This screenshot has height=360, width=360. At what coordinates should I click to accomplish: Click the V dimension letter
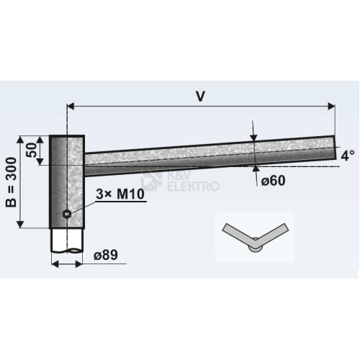[200, 96]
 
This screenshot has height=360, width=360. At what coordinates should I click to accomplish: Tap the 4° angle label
[348, 156]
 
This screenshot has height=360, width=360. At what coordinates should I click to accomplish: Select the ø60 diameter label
[273, 181]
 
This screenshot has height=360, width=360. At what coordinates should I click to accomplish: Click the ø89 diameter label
[106, 255]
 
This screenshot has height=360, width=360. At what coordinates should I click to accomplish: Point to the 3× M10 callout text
[120, 194]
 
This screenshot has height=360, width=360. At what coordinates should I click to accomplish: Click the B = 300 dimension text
[12, 182]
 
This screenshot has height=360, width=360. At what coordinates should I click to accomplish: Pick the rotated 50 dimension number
[32, 150]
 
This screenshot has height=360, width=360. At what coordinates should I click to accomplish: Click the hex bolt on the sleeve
[66, 213]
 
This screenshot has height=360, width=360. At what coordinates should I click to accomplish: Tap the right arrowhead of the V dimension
[331, 106]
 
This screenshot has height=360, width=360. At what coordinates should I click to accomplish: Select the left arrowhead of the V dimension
[71, 106]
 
